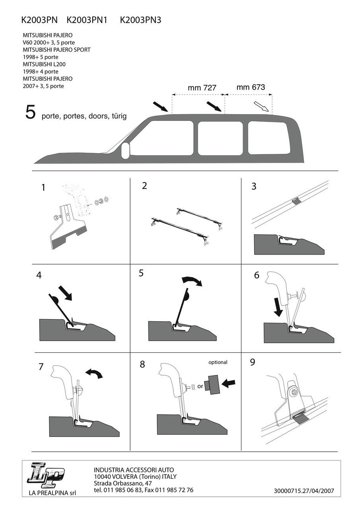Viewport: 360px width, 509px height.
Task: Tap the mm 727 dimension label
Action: pos(202,88)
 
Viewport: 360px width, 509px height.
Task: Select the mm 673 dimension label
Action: pos(251,87)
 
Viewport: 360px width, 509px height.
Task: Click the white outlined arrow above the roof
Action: pos(261,106)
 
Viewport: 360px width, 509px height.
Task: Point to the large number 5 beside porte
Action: pos(31,112)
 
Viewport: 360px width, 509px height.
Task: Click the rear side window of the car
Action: pos(267,138)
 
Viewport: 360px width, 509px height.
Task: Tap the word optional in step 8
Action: pos(218,362)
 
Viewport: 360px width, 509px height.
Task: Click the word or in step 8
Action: pos(200,386)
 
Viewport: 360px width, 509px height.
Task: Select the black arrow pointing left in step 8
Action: pos(228,383)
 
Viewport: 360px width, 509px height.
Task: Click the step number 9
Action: pos(253,362)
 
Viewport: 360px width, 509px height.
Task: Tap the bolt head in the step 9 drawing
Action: pos(294,392)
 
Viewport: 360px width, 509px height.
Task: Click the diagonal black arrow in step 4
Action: pos(65,293)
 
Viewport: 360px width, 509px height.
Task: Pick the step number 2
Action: pos(144,185)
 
